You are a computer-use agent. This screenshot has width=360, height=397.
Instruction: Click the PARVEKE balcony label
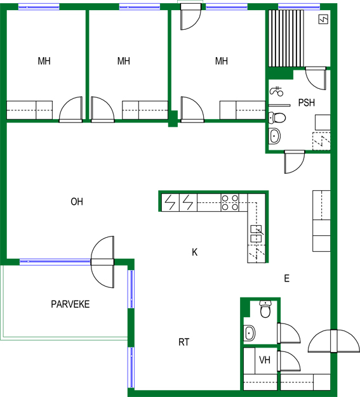pyautogui.click(x=70, y=304)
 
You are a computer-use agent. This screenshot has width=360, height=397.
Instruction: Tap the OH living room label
pyautogui.click(x=77, y=202)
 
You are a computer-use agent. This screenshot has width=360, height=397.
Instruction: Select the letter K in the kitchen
pyautogui.click(x=194, y=252)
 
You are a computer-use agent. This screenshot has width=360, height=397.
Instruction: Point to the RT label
pyautogui.click(x=183, y=342)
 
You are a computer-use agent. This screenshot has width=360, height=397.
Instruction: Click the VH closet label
pyautogui.click(x=265, y=360)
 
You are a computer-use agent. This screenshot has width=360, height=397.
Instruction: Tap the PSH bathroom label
pyautogui.click(x=307, y=103)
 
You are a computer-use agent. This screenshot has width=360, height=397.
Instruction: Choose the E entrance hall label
pyautogui.click(x=287, y=278)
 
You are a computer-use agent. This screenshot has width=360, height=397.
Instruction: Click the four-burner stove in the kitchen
pyautogui.click(x=230, y=202)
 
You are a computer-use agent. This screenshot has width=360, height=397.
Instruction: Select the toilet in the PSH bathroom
pyautogui.click(x=277, y=118)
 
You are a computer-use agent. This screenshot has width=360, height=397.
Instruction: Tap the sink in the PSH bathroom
pyautogui.click(x=274, y=136)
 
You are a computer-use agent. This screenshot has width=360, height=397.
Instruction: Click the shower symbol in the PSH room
pyautogui.click(x=277, y=91)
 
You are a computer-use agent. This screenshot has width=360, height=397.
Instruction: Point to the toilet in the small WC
pyautogui.click(x=265, y=309)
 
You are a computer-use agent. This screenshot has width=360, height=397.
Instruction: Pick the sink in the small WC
pyautogui.click(x=250, y=333)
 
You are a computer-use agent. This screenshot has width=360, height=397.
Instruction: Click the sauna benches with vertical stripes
pyautogui.click(x=286, y=39)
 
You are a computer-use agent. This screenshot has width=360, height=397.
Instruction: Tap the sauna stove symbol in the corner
pyautogui.click(x=323, y=19)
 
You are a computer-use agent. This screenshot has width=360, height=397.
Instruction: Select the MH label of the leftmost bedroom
pyautogui.click(x=44, y=61)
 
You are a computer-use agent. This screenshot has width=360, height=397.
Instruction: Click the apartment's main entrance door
pyautogui.click(x=334, y=341)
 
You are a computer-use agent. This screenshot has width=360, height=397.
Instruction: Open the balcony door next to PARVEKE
pyautogui.click(x=102, y=262)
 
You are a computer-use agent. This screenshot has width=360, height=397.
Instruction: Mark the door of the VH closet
pyautogui.click(x=289, y=361)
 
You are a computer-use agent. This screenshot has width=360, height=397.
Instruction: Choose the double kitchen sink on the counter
pyautogui.click(x=256, y=233)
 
